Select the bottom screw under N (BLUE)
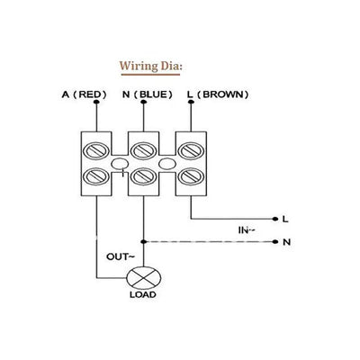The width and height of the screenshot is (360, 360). (x=142, y=175)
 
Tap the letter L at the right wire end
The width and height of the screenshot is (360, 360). (x=285, y=219)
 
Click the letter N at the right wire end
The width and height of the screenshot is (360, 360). (x=285, y=242)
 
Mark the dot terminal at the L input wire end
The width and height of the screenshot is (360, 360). (x=274, y=219)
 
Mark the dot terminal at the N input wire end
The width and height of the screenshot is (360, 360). (x=274, y=242)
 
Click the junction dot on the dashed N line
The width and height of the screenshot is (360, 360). (x=142, y=242)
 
